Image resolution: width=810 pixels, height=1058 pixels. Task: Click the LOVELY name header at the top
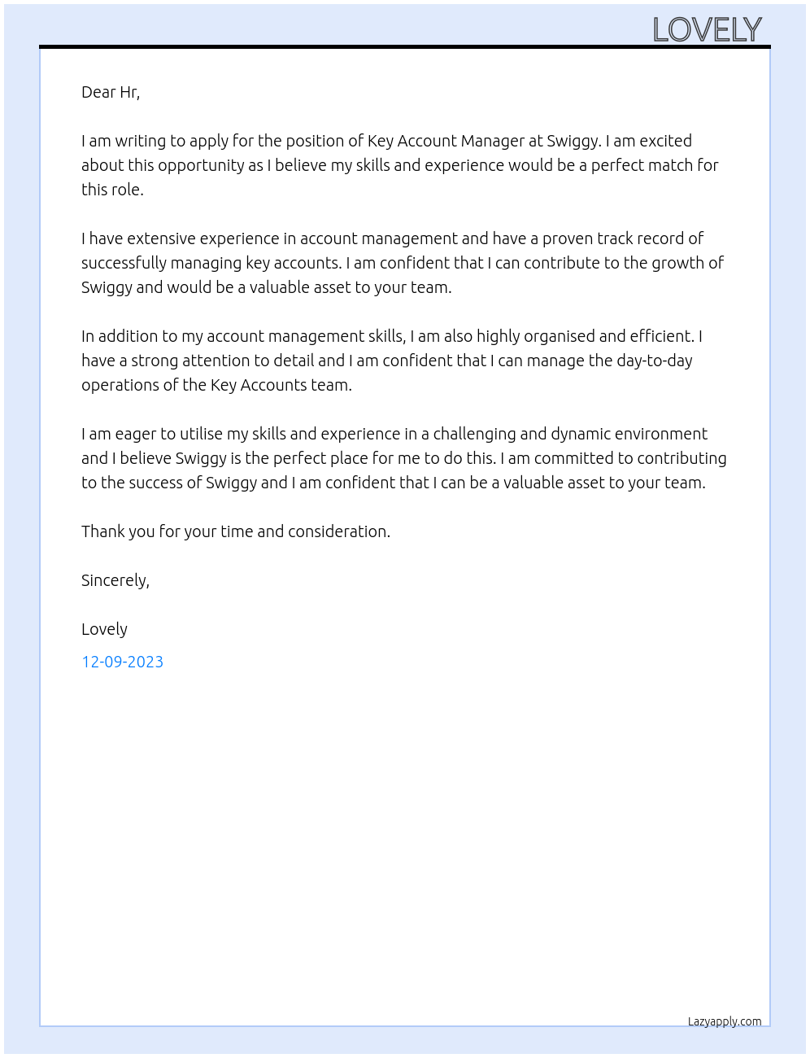click(x=707, y=30)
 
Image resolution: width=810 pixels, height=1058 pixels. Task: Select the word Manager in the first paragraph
click(x=494, y=141)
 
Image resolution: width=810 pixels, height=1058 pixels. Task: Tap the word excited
click(x=665, y=141)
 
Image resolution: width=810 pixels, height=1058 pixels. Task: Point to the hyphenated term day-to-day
click(x=655, y=361)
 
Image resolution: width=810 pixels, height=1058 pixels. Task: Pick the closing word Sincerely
click(x=115, y=580)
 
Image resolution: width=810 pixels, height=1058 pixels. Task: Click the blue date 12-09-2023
click(x=122, y=662)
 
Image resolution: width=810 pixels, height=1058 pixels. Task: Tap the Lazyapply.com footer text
click(x=725, y=1021)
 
